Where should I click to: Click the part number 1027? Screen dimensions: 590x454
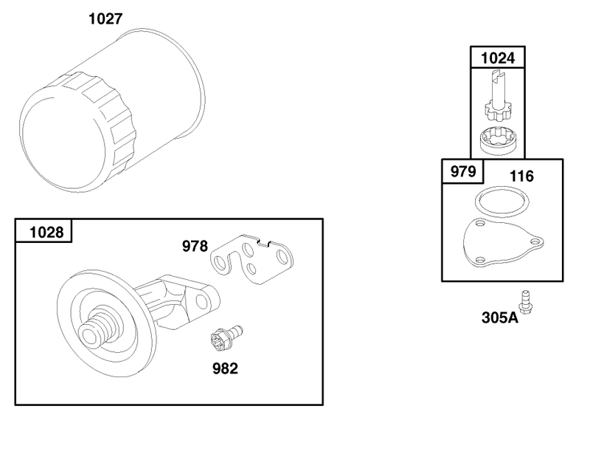[x=105, y=18]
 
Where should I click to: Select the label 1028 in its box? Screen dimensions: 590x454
[x=46, y=232]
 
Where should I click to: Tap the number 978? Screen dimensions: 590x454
[x=195, y=246]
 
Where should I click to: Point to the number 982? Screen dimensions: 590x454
[x=225, y=368]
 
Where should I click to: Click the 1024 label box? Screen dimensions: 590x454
[x=497, y=58]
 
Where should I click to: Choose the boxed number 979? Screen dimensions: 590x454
[x=463, y=171]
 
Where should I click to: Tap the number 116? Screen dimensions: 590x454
[x=521, y=176]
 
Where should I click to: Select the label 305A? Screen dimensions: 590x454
[x=500, y=317]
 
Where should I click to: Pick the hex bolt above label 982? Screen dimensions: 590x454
[x=226, y=337]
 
